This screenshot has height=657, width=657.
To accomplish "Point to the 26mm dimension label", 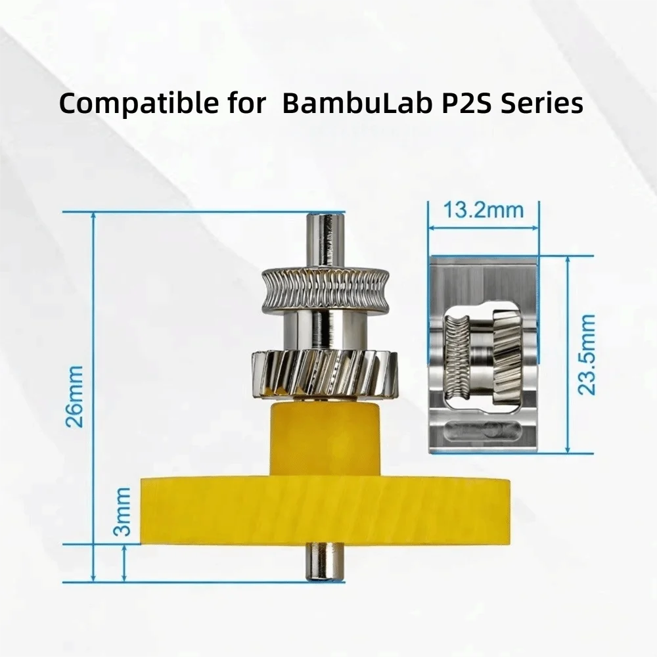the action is click(x=75, y=396).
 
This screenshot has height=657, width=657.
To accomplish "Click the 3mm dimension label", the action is click(x=122, y=512).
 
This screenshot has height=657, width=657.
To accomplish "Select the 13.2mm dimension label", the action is click(x=483, y=210).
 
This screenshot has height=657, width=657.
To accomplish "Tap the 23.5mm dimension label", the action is click(x=587, y=354).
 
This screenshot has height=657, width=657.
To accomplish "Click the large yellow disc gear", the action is click(x=325, y=511).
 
